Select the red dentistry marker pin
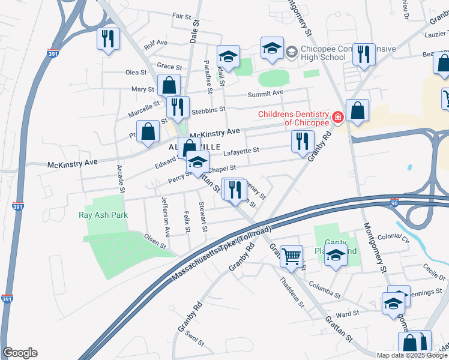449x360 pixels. coord(338,117)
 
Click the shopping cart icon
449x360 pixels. coord(292,256)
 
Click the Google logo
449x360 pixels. coord(20,353)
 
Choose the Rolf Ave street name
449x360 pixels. coord(155,44)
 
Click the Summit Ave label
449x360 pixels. coord(265,94)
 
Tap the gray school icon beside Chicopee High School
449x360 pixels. coord(291,52)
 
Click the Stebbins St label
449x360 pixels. coord(208,110)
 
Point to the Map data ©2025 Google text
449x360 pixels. coord(411,355)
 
